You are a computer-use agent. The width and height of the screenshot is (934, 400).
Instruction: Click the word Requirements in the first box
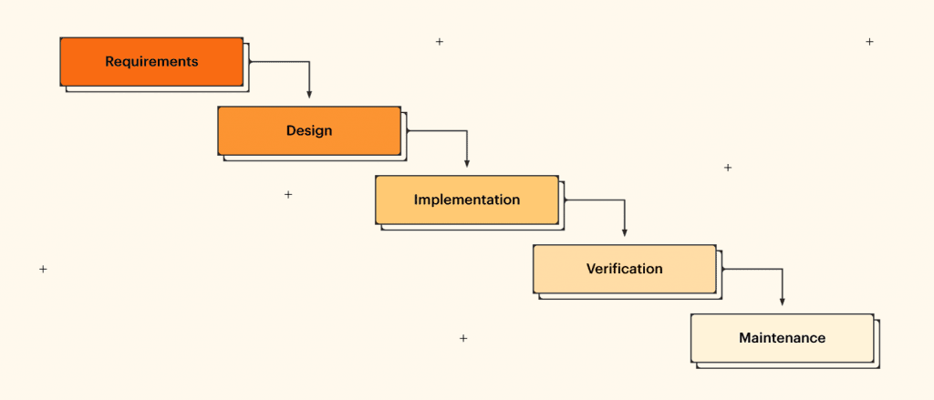[151, 62]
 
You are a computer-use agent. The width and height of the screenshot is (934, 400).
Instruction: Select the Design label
[309, 130]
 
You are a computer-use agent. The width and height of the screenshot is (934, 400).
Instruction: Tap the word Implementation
[466, 200]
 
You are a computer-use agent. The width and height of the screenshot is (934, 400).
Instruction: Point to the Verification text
[624, 269]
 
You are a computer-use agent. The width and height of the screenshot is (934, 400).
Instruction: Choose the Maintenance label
[782, 338]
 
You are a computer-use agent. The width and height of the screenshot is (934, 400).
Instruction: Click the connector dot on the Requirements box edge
[250, 62]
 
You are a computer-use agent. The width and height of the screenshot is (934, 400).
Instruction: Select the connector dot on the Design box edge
[408, 131]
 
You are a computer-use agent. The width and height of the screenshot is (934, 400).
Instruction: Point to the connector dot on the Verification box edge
[723, 269]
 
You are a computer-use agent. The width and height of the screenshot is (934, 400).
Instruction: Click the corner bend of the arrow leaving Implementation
[624, 200]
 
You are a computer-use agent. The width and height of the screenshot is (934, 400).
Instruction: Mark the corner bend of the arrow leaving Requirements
[309, 62]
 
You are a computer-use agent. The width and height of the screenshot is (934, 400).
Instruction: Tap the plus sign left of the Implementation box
[288, 194]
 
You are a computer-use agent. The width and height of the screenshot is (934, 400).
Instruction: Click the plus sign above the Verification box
[727, 168]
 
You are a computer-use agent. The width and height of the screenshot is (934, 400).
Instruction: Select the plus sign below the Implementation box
[463, 338]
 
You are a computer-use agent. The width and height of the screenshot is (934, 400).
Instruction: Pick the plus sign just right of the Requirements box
[439, 42]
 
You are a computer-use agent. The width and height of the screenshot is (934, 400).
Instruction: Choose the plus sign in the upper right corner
[869, 42]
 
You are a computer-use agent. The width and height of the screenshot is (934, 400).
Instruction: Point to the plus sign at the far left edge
[43, 269]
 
